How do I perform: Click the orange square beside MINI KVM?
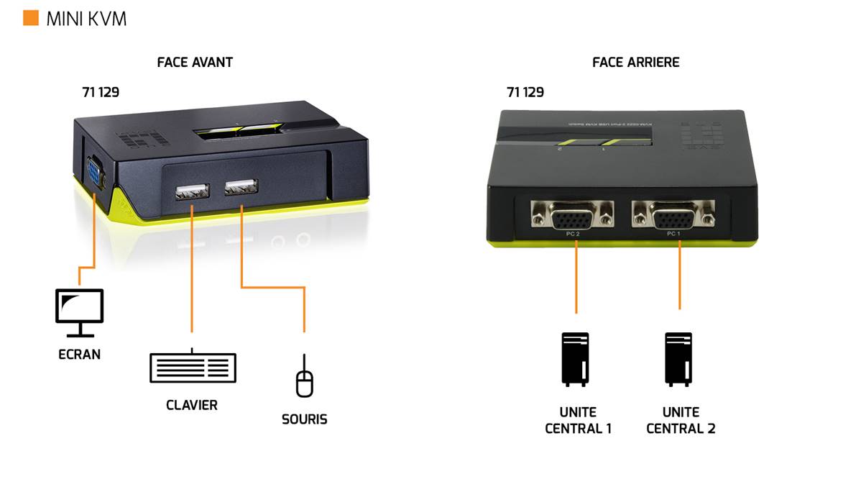pyautogui.click(x=31, y=18)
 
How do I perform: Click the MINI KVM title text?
pyautogui.click(x=86, y=19)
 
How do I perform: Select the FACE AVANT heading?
pyautogui.click(x=195, y=63)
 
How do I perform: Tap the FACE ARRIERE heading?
pyautogui.click(x=635, y=63)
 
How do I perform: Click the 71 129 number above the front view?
pyautogui.click(x=101, y=92)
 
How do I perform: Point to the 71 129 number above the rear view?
pyautogui.click(x=525, y=92)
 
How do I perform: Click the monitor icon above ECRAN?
pyautogui.click(x=80, y=312)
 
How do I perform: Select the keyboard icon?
pyautogui.click(x=193, y=368)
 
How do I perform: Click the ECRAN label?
pyautogui.click(x=80, y=354)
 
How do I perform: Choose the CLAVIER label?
pyautogui.click(x=192, y=405)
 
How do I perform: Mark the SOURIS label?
pyautogui.click(x=305, y=419)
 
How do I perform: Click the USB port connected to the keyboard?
pyautogui.click(x=192, y=191)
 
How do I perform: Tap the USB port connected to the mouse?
pyautogui.click(x=241, y=188)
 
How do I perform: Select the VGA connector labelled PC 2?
pyautogui.click(x=572, y=214)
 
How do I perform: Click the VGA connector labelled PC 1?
pyautogui.click(x=673, y=214)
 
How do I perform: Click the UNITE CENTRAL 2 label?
pyautogui.click(x=681, y=420)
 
